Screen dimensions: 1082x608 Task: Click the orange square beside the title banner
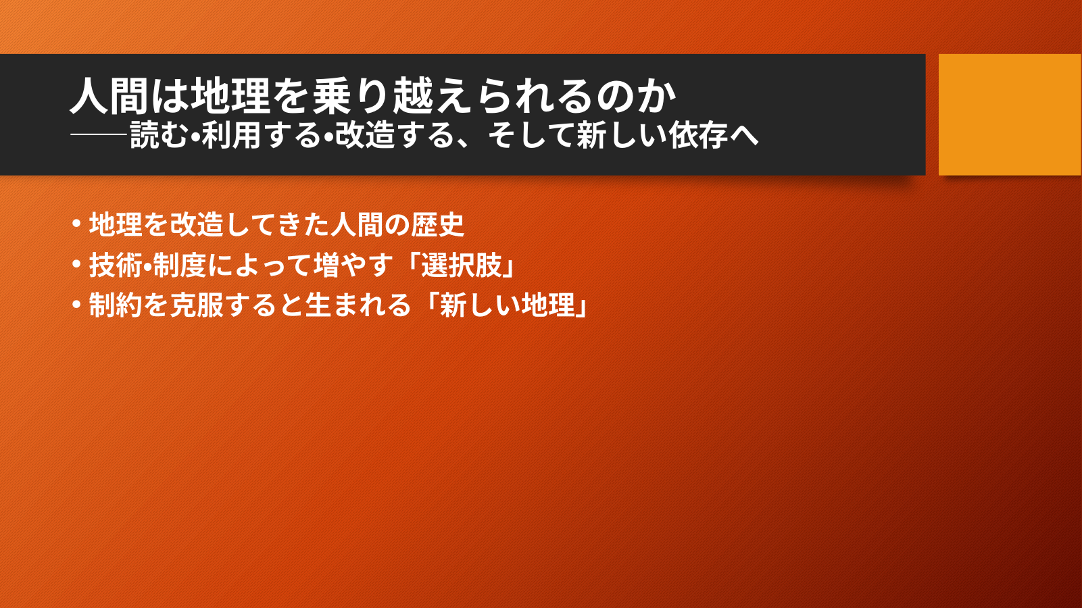tap(1010, 114)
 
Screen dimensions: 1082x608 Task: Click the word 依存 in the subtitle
tap(699, 134)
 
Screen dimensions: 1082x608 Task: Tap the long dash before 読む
tap(99, 135)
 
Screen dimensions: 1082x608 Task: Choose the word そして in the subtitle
tap(531, 134)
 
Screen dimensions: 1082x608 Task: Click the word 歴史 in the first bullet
tap(438, 224)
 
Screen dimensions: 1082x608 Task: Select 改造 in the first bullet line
tap(196, 224)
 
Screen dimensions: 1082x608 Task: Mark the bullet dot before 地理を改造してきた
tap(76, 224)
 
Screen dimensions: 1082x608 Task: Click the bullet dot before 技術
tap(76, 264)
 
